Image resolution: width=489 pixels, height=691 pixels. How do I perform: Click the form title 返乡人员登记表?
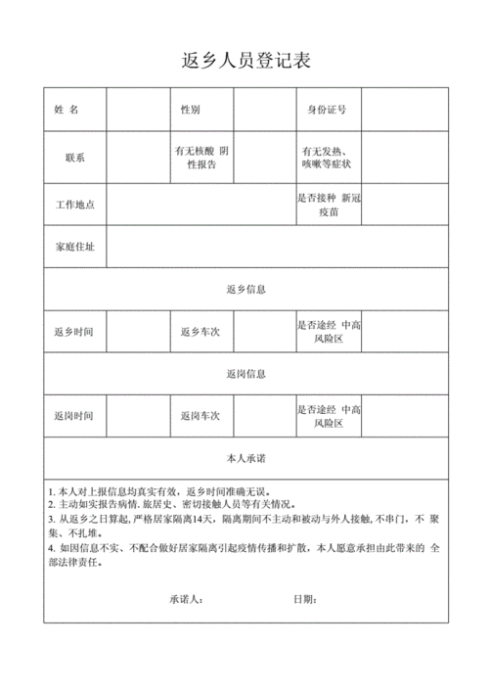pyautogui.click(x=245, y=60)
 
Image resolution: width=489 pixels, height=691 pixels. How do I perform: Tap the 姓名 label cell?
pyautogui.click(x=74, y=109)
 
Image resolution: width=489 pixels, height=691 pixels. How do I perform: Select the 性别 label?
pyautogui.click(x=191, y=109)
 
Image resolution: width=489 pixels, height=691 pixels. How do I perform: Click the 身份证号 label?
pyautogui.click(x=327, y=109)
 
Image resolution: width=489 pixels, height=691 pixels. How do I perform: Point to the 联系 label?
pyautogui.click(x=74, y=158)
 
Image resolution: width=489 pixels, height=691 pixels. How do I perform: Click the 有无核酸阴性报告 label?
pyautogui.click(x=200, y=158)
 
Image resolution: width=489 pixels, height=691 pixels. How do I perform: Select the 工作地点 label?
pyautogui.click(x=74, y=204)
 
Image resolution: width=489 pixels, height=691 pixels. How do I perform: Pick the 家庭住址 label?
pyautogui.click(x=74, y=247)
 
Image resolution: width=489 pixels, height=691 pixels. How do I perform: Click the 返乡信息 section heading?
pyautogui.click(x=245, y=290)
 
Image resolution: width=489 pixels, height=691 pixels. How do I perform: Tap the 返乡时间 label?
pyautogui.click(x=74, y=332)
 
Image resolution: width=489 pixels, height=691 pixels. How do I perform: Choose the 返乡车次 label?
pyautogui.click(x=200, y=332)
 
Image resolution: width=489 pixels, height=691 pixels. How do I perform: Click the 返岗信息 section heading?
pyautogui.click(x=245, y=374)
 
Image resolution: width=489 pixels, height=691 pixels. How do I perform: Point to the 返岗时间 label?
pyautogui.click(x=74, y=416)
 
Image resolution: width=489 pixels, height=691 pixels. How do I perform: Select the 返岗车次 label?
pyautogui.click(x=200, y=416)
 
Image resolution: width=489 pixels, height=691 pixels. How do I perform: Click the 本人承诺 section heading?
pyautogui.click(x=245, y=458)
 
